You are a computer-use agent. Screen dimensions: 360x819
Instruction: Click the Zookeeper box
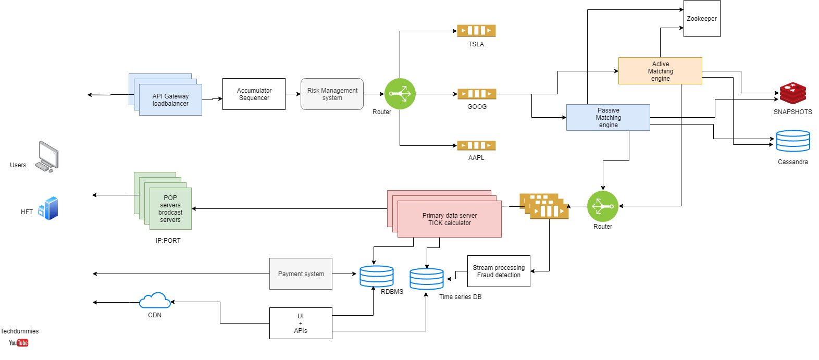(701, 19)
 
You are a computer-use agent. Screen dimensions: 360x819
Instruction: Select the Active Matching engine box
(660, 71)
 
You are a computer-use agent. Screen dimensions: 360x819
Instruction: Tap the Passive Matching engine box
(608, 117)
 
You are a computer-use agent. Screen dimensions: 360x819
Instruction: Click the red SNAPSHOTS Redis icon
(792, 93)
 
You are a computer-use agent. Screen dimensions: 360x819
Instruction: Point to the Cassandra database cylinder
(792, 141)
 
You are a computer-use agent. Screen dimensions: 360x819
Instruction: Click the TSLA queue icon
(476, 31)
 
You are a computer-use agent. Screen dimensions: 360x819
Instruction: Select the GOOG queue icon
(477, 94)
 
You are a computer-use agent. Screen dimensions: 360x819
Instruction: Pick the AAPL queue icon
(476, 145)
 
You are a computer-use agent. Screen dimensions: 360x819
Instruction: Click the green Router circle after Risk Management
(400, 94)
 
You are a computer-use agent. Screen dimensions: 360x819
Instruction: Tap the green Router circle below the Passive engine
(602, 206)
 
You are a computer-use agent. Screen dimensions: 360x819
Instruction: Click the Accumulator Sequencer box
(254, 94)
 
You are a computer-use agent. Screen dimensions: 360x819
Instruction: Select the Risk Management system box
(332, 94)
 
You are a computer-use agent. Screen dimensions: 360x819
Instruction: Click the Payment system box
(301, 274)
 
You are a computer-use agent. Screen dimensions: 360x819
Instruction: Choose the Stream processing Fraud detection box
(499, 271)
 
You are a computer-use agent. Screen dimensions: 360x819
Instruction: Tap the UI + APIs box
(301, 323)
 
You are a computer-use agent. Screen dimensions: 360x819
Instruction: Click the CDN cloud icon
(155, 301)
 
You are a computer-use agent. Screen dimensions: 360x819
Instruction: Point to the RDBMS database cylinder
(376, 276)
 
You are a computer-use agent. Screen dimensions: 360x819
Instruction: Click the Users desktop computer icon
(47, 156)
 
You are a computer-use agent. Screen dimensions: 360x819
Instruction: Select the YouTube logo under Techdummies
(18, 343)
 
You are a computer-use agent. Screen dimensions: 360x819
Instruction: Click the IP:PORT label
(168, 241)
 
